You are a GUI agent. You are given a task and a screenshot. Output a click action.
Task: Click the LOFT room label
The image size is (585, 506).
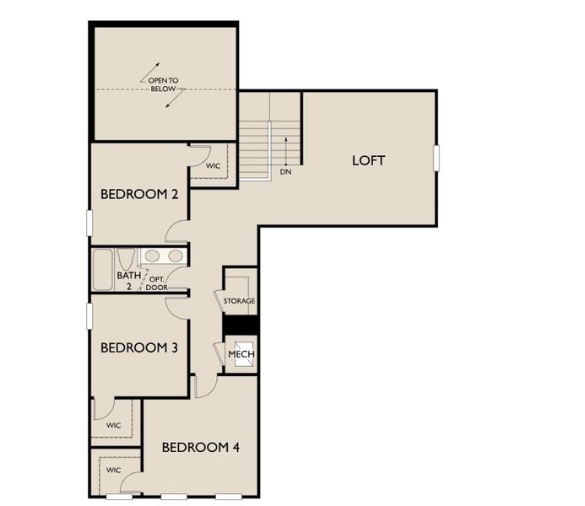click(x=368, y=160)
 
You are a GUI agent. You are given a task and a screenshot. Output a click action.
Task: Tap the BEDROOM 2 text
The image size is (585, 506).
click(x=139, y=195)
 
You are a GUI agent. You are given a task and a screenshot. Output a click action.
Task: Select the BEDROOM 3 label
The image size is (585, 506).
click(x=139, y=347)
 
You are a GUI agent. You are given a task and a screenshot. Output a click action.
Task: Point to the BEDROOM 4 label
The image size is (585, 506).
click(x=201, y=447)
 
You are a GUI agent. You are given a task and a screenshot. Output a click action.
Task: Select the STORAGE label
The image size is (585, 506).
click(x=239, y=301)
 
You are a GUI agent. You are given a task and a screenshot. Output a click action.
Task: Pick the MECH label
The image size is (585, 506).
click(x=241, y=354)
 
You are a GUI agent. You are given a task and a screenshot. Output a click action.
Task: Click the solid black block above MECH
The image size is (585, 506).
click(x=239, y=325)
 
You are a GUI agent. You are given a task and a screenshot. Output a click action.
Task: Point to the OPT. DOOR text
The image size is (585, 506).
click(x=156, y=283)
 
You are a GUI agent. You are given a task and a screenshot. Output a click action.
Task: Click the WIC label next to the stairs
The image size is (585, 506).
click(x=213, y=166)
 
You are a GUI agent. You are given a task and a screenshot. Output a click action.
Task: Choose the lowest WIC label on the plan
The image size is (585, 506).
click(x=114, y=470)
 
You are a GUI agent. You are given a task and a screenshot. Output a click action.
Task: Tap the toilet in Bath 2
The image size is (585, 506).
click(x=126, y=260)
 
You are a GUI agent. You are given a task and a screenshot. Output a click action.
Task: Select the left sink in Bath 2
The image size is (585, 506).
click(x=153, y=256)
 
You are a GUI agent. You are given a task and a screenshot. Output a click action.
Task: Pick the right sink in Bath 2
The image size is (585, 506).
click(x=174, y=256)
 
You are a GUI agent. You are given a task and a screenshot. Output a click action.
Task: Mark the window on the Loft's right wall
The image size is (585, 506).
click(x=437, y=158)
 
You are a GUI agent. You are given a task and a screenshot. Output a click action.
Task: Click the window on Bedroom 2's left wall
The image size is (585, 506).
click(x=89, y=223)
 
